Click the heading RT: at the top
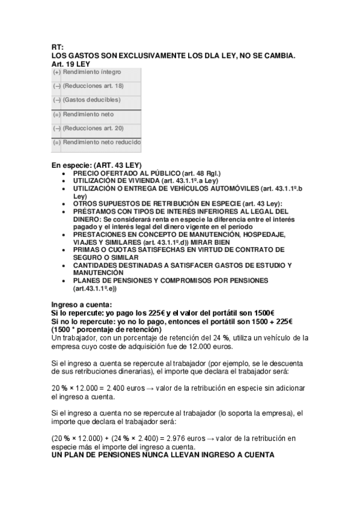point(57,47)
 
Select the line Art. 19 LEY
point(70,63)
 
